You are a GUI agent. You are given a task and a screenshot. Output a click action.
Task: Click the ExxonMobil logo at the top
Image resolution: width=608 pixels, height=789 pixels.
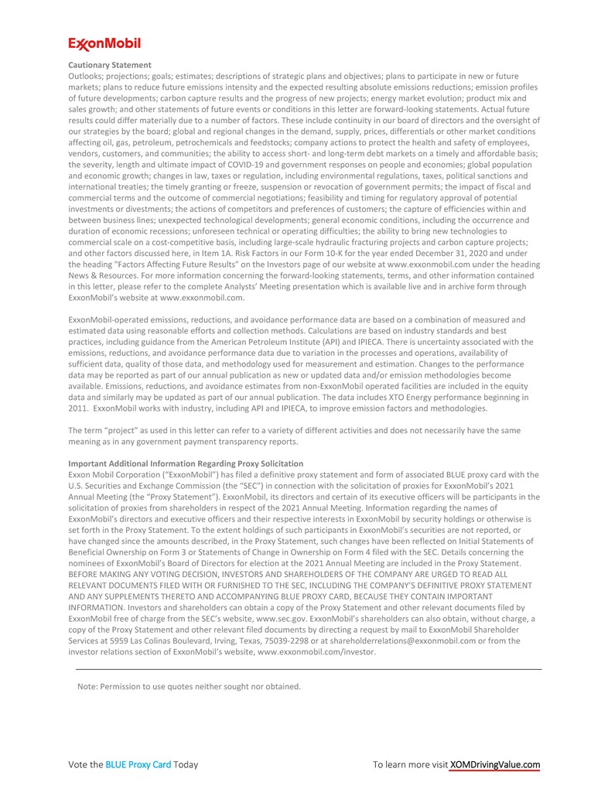[x=104, y=43]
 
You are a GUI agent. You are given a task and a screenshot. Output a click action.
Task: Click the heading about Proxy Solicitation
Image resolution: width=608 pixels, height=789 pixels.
[x=180, y=463]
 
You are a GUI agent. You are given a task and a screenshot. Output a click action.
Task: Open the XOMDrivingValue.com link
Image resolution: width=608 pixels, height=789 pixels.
[x=494, y=765]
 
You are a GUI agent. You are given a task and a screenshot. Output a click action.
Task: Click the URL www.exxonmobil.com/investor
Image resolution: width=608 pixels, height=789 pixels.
[x=316, y=652]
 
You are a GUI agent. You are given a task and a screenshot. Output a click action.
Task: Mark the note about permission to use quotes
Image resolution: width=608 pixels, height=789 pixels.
[x=189, y=686]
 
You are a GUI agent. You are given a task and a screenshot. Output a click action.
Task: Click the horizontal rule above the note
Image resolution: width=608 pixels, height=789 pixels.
[x=309, y=670]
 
